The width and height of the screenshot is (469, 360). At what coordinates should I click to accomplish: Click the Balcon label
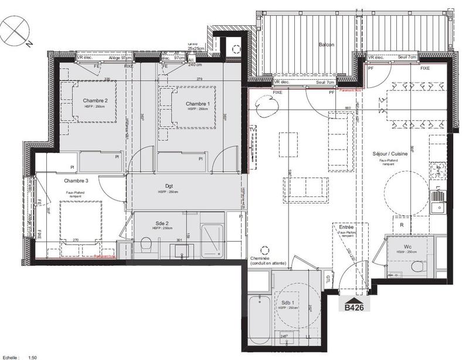pos(327,45)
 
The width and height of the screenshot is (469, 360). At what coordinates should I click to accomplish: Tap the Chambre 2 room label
pos(95,100)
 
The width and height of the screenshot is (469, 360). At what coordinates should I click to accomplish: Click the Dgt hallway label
pos(168,186)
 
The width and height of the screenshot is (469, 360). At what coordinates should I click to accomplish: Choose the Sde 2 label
pos(162,223)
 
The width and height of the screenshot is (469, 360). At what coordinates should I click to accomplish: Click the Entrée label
pos(346,227)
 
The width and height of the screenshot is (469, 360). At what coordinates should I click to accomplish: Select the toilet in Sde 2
pos(147,244)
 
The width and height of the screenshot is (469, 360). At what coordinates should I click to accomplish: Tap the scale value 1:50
pos(33,356)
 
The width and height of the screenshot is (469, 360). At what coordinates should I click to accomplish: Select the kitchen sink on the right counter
pos(438,206)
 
